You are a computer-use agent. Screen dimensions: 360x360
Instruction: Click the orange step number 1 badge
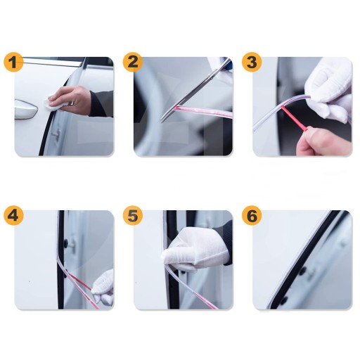(x=13, y=62)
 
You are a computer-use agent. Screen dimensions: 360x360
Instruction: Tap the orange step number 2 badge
(x=133, y=62)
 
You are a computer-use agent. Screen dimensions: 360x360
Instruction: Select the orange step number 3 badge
(x=252, y=62)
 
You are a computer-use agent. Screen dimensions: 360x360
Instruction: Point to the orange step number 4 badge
(x=13, y=215)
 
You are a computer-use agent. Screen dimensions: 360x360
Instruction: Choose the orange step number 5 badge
(x=133, y=215)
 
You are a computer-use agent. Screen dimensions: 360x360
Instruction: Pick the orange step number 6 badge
(x=252, y=215)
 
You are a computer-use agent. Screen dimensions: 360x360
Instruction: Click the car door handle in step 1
(x=26, y=110)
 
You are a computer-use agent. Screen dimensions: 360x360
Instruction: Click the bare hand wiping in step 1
(x=70, y=100)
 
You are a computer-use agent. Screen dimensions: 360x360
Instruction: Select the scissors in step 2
(x=195, y=89)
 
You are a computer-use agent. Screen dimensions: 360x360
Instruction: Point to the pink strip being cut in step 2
(x=202, y=112)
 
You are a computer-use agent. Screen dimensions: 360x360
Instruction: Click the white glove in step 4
(x=103, y=287)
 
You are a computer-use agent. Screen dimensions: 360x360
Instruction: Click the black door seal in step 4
(x=61, y=259)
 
